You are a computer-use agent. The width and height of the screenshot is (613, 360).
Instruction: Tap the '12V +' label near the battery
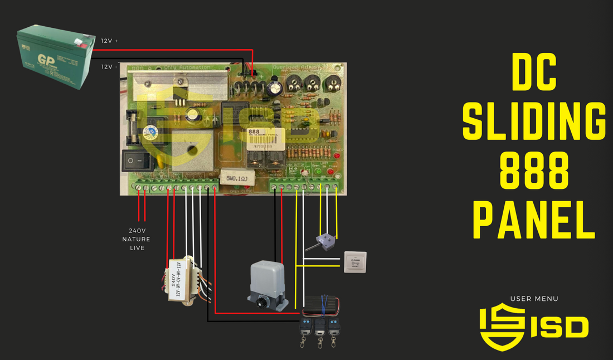[109, 41]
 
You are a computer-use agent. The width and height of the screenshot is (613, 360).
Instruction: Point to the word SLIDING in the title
[534, 122]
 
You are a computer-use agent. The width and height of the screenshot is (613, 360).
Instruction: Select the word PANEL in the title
[534, 221]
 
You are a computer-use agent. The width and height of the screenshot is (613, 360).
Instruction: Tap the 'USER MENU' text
[534, 299]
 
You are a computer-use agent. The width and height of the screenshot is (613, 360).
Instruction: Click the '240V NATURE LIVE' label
[137, 239]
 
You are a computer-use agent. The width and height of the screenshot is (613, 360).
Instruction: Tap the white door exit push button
[355, 262]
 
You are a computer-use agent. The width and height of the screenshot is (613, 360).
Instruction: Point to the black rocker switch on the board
[137, 162]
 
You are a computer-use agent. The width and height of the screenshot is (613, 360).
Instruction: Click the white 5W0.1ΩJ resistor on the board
[237, 178]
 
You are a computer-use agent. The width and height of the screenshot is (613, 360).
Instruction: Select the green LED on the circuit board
[317, 171]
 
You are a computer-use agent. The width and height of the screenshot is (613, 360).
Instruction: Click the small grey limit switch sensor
[323, 240]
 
